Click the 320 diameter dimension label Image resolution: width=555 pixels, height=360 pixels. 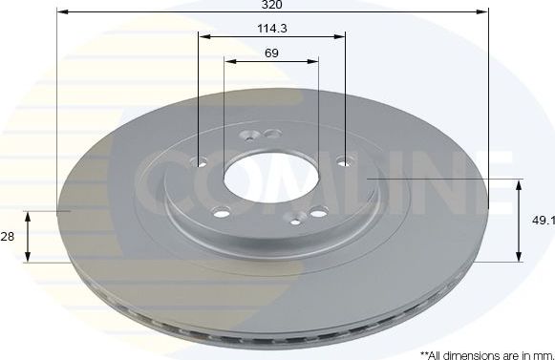coord(272,4)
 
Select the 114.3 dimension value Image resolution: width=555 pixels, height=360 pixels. coord(272,29)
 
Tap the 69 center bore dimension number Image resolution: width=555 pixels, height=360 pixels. coord(271,53)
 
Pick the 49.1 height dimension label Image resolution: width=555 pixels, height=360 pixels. coord(543,221)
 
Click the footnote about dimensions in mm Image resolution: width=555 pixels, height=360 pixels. coord(486,353)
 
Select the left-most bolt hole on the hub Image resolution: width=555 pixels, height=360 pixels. coord(201,161)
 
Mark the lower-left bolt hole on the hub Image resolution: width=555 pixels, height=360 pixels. coord(222,213)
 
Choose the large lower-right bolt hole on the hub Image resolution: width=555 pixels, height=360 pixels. coord(320,210)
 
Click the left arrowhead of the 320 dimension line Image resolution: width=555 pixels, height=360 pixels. coord(61,12)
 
